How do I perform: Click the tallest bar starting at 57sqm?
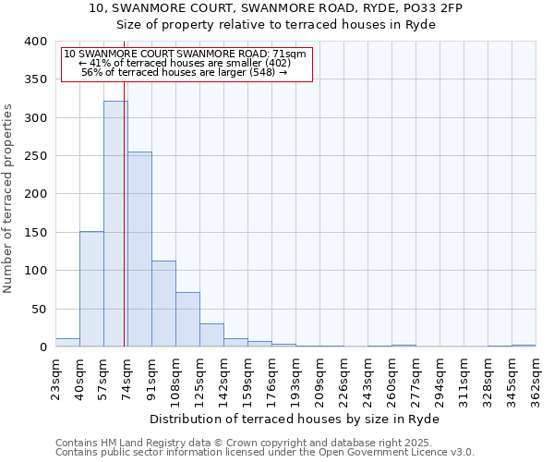tap(115, 224)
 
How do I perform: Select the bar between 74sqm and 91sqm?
tap(139, 249)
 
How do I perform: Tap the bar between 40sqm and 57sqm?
tap(91, 289)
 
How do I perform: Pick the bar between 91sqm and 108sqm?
tap(163, 304)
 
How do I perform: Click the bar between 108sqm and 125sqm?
tap(187, 320)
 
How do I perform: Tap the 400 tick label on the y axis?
tap(35, 42)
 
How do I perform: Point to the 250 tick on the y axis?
tap(35, 156)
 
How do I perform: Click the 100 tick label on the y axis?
tap(35, 271)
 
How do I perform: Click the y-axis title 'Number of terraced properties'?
tap(8, 198)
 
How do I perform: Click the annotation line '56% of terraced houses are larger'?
tap(185, 72)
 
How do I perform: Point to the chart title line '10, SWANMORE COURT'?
tap(276, 8)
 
